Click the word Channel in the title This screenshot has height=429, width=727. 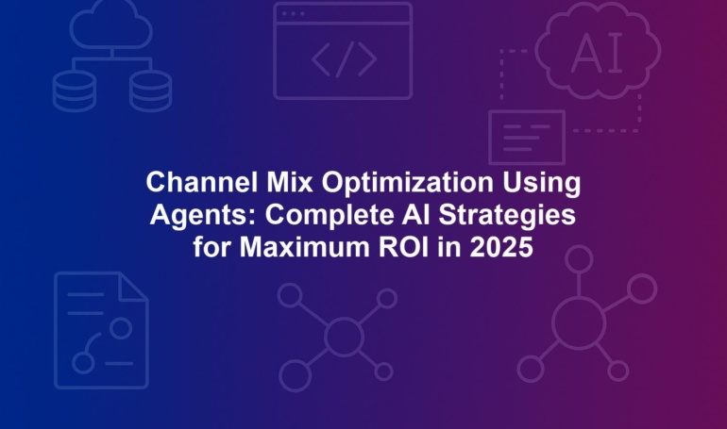pyautogui.click(x=201, y=182)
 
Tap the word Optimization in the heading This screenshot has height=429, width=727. pyautogui.click(x=407, y=183)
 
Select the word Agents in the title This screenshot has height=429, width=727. pyautogui.click(x=203, y=216)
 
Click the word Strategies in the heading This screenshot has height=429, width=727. pyautogui.click(x=507, y=216)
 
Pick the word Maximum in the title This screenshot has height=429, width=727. pyautogui.click(x=305, y=247)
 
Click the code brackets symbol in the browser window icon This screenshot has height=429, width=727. pyautogui.click(x=344, y=59)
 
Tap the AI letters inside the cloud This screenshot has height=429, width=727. pyautogui.click(x=597, y=53)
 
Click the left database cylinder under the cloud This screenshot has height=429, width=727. pyautogui.click(x=75, y=91)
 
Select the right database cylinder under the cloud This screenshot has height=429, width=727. pyautogui.click(x=151, y=91)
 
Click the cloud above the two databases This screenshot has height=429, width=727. pyautogui.click(x=111, y=25)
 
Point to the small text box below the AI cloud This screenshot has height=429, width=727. pyautogui.click(x=527, y=138)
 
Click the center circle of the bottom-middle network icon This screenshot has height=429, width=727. pyautogui.click(x=344, y=337)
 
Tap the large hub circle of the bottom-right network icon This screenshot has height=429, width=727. pyautogui.click(x=579, y=322)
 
